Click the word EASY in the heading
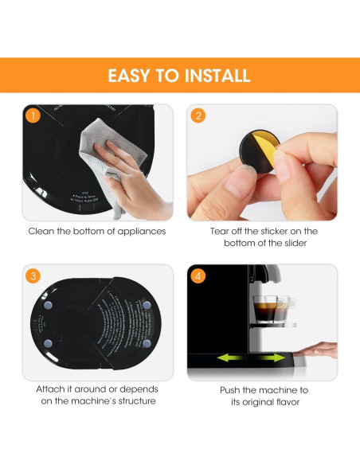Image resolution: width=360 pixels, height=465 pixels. [x=135, y=76]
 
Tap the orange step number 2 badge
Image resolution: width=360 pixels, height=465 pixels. [x=198, y=115]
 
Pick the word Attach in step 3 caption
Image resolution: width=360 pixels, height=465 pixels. [x=52, y=390]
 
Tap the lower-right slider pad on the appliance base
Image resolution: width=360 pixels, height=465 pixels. [x=147, y=343]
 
